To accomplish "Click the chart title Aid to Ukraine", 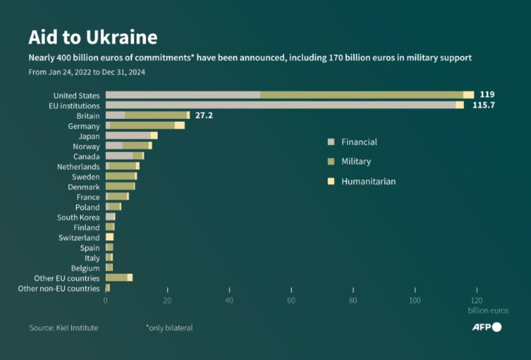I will tap(93, 38).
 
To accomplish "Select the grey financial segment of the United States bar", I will tap(183, 95).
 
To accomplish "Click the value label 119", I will tap(487, 95).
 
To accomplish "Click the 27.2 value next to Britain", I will tap(204, 116).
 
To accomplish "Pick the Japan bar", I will tap(131, 136).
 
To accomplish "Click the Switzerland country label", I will tap(79, 238).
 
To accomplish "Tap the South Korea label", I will tap(78, 217).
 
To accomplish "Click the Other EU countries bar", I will tap(118, 278).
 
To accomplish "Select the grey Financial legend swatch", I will tap(331, 142).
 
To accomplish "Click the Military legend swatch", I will tap(331, 162).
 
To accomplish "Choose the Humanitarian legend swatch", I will tap(331, 181).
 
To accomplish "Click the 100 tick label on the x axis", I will tap(415, 301).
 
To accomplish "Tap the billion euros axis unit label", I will tap(488, 311).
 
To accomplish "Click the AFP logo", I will tap(486, 327).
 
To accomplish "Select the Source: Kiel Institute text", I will tap(64, 328).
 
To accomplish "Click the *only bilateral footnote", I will tap(169, 328).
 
